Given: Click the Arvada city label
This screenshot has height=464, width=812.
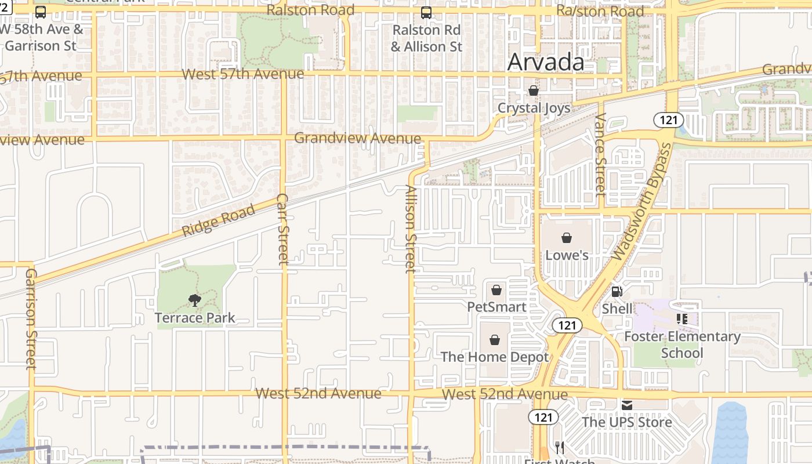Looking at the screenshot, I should pos(545,62).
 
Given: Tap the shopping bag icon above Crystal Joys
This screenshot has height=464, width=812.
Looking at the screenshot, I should pos(534,91).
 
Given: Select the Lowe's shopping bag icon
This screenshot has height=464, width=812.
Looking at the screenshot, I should pos(567,238).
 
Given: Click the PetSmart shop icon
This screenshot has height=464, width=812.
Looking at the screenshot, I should pos(496,290).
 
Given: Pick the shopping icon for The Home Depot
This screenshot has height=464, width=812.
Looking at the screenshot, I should pos(495,340).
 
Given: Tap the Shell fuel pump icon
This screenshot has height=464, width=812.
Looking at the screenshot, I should pos(617,292).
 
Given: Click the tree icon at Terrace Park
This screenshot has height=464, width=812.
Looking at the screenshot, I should pos(195,300).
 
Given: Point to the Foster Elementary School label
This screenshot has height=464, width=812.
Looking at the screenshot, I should pos(682,345).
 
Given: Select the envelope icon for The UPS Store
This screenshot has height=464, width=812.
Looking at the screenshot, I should pos(627,405).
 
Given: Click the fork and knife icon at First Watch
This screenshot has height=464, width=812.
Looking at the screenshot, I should pos(560,448).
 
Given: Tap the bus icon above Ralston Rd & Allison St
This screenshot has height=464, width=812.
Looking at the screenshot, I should pos(426,12).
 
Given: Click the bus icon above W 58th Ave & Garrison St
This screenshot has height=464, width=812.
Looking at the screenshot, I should pos(41,12).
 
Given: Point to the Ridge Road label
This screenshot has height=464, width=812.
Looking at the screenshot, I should pos(218,220).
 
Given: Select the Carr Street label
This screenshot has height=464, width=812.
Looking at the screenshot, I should pos(283,229).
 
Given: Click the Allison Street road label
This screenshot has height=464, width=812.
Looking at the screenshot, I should pos(411,229).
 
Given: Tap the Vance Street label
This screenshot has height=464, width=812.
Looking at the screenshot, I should pos(600,153).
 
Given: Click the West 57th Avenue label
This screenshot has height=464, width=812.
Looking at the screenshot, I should pos(242,74).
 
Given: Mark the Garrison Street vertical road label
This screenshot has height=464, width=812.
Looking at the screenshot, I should pos(31,318).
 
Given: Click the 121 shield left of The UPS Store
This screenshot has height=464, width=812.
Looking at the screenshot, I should pos(543,416).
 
